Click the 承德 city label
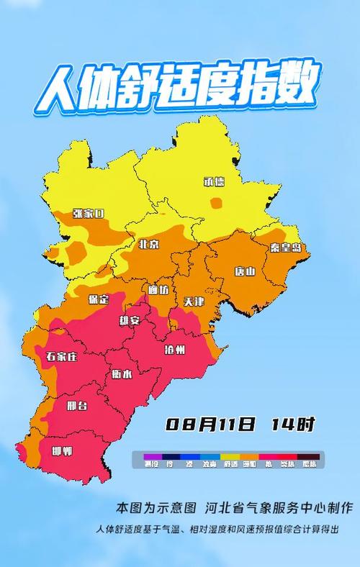[215, 182]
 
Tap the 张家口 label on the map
[89, 214]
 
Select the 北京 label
[149, 245]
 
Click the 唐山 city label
[245, 272]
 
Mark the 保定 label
[98, 299]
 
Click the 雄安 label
[130, 321]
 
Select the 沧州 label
[175, 350]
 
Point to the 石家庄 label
[61, 357]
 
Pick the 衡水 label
[122, 374]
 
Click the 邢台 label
[77, 407]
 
